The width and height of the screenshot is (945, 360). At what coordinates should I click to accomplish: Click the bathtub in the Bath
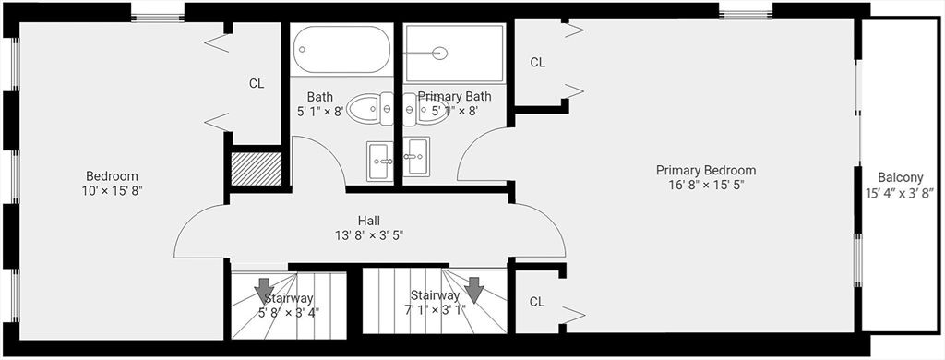point(342,49)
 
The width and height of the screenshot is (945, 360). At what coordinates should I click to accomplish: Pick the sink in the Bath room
point(379,161)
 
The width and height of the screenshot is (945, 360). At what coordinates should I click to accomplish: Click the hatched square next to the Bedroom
point(256,170)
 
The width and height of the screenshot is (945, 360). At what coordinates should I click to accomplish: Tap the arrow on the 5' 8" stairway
point(263,289)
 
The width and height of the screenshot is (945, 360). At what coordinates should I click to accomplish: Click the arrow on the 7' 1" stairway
point(473,289)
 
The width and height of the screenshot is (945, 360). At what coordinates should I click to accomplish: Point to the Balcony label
point(900,177)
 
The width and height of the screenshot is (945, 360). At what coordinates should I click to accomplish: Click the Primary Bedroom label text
point(706,170)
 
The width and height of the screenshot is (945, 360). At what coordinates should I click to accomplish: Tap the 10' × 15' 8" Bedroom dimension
point(112,191)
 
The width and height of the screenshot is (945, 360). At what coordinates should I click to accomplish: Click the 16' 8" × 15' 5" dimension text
point(706,186)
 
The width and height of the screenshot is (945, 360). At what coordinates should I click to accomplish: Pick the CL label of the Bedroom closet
point(257,83)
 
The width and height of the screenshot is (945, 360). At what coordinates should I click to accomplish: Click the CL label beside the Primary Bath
point(537,63)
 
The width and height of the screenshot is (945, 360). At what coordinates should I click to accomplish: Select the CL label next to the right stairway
point(537,302)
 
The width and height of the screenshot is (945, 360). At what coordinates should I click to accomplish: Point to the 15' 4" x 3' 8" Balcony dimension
point(900,193)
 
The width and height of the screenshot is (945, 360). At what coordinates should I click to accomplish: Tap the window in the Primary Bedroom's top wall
point(745,12)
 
